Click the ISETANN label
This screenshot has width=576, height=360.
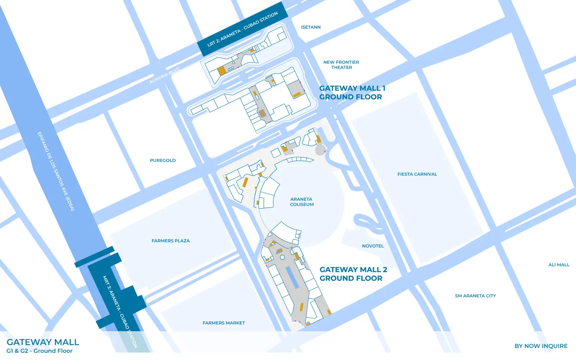tap(311, 27)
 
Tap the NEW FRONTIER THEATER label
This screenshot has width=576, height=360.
tap(341, 65)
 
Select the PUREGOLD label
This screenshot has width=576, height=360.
tap(163, 161)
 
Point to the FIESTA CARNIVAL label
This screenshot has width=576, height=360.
tap(417, 174)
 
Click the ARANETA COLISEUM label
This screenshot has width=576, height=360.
tap(302, 202)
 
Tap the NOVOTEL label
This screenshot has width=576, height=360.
tap(373, 246)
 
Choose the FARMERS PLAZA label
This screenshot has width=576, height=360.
tap(170, 241)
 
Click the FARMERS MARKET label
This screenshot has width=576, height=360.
tap(224, 323)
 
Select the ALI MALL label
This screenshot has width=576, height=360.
tap(559, 265)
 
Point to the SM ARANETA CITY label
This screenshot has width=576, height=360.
tap(475, 296)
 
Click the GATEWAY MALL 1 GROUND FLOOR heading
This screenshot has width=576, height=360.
tap(352, 93)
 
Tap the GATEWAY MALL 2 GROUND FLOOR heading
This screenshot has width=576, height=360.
tap(353, 274)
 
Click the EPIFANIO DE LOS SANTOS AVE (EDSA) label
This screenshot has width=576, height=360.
tap(56, 171)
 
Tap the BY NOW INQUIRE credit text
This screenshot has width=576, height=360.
tap(541, 346)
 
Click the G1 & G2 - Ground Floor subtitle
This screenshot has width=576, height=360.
tap(39, 351)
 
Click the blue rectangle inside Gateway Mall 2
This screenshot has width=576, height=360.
tap(292, 277)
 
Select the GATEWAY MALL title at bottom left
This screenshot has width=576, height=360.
tap(43, 342)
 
